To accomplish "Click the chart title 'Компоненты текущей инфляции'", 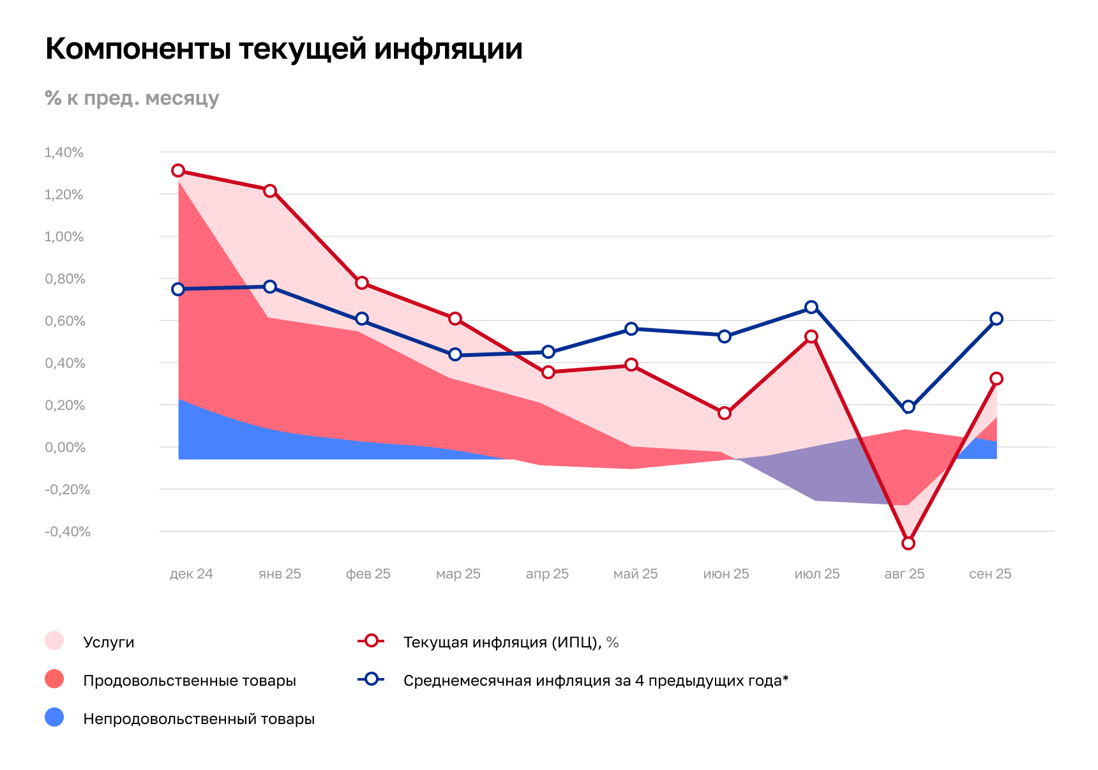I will [x=283, y=49].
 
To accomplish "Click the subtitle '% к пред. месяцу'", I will [x=132, y=98].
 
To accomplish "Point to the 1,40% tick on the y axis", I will [x=64, y=153].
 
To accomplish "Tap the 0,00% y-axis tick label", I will [x=65, y=448].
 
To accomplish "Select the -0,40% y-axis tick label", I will [x=67, y=532].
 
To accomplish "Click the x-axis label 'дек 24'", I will [x=191, y=574].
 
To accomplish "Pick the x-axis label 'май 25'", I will [x=635, y=574].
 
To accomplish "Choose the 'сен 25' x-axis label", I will [x=990, y=574].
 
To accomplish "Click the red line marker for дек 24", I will [x=178, y=170].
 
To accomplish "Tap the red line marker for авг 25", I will [x=908, y=543].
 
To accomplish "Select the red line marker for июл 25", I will [x=811, y=336].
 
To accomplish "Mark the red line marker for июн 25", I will [x=725, y=413].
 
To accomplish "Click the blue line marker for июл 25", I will [x=811, y=307].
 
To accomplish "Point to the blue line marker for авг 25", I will [x=908, y=407].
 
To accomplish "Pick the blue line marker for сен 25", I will [x=996, y=319].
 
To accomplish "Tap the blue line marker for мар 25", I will [x=455, y=354].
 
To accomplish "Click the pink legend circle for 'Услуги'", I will [x=54, y=641].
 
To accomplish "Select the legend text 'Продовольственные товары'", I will [x=190, y=681].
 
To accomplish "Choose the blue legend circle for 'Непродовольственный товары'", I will [x=54, y=718].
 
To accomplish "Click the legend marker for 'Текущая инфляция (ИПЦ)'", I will [x=371, y=641].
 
